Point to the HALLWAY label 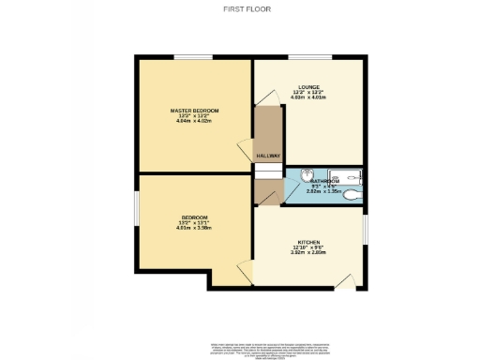pos(268,156)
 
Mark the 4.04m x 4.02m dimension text pos(194,123)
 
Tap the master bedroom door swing pos(245,150)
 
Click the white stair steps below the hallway pos(268,172)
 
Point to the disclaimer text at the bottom pos(240,348)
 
